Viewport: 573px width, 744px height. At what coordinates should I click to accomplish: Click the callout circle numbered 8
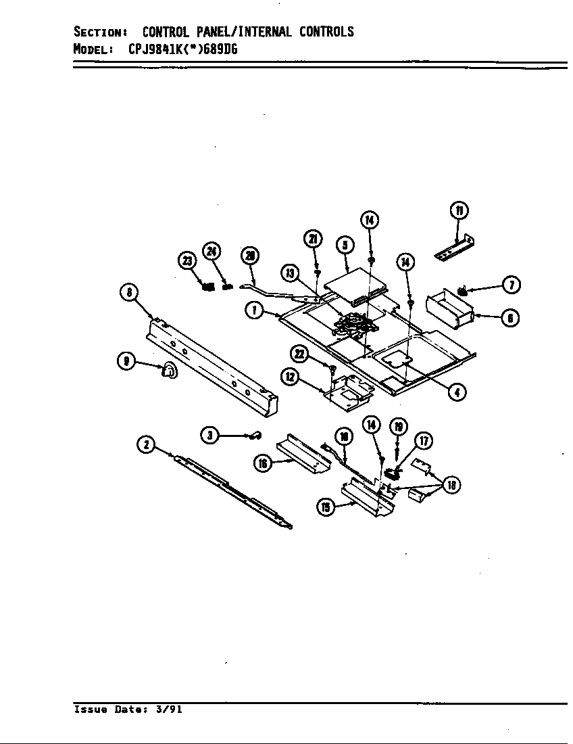pyautogui.click(x=128, y=292)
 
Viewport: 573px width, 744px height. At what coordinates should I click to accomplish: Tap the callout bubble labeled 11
pyautogui.click(x=459, y=210)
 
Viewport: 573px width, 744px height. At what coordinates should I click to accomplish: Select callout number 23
pyautogui.click(x=186, y=260)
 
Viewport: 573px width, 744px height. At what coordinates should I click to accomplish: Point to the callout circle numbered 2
pyautogui.click(x=145, y=444)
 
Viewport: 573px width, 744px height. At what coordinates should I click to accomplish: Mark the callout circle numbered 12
pyautogui.click(x=291, y=377)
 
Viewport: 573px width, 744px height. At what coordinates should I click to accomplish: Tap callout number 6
pyautogui.click(x=511, y=318)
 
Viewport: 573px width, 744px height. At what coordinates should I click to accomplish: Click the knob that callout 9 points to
pyautogui.click(x=169, y=370)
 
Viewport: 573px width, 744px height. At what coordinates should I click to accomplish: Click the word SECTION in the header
pyautogui.click(x=97, y=32)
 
